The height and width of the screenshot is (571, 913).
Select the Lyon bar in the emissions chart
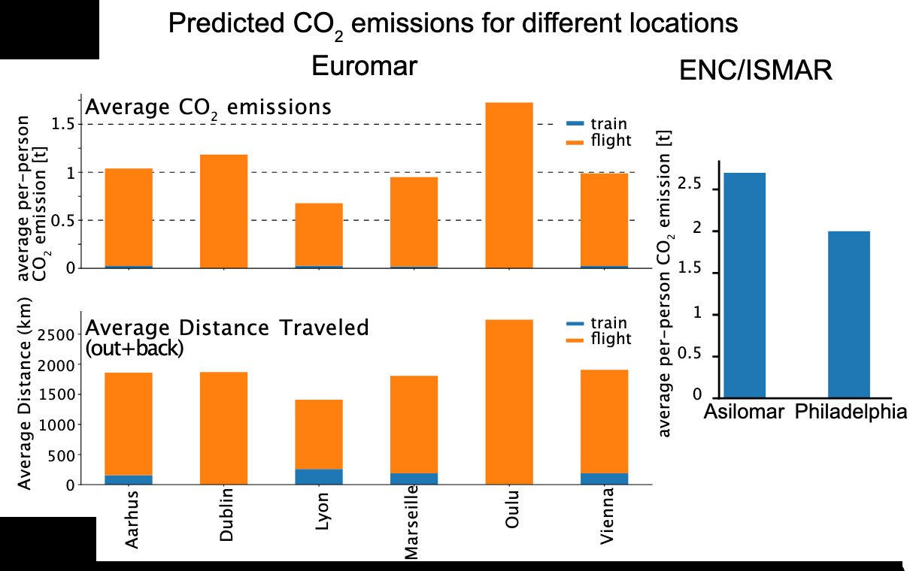[319, 234]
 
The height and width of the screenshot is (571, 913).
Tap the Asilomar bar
[744, 285]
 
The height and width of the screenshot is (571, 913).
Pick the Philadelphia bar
[849, 313]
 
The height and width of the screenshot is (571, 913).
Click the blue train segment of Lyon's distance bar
[319, 476]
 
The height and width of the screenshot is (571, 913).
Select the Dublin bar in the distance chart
[223, 427]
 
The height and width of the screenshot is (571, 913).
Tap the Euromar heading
[364, 67]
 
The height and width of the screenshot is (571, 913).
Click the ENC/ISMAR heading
[755, 71]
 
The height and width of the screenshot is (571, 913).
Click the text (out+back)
[135, 349]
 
